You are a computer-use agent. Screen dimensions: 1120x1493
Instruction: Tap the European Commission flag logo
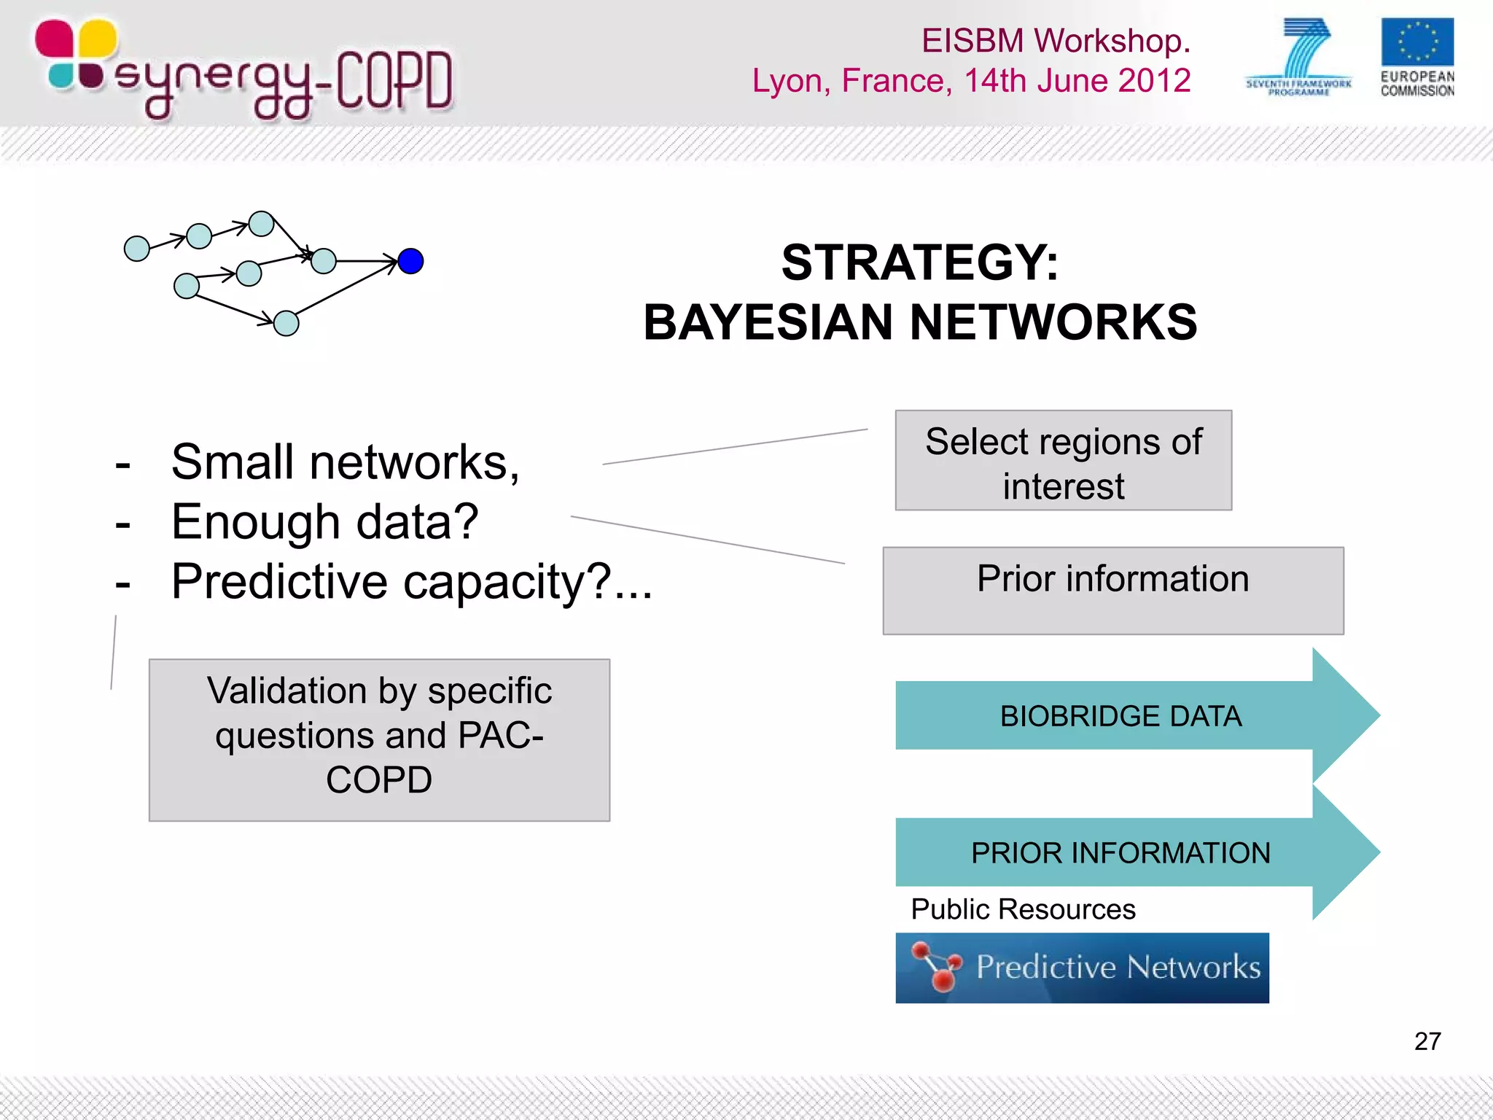pos(1416,44)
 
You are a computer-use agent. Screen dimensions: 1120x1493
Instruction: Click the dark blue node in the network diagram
pos(410,261)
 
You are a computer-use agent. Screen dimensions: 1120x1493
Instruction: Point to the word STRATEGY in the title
pos(919,262)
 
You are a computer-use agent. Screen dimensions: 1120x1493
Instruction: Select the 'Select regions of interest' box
pos(1063,461)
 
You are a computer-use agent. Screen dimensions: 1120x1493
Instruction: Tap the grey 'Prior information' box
pos(1112,591)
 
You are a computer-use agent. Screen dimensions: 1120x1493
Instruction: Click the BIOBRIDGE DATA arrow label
pos(1120,716)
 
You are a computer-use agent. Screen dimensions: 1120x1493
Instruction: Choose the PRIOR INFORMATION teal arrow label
pos(1120,853)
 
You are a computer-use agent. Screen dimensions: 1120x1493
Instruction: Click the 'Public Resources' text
pos(1023,909)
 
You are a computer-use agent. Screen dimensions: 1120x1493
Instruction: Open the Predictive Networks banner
pos(1082,968)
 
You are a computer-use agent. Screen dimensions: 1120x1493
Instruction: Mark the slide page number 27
pos(1427,1041)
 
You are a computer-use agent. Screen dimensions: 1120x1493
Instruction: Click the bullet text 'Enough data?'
pos(324,522)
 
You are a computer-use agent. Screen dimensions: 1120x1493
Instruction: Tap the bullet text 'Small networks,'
pos(345,462)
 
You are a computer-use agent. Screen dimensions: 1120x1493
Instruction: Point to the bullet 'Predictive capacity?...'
pos(411,582)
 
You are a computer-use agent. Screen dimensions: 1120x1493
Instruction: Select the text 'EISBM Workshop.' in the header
pos(1055,41)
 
